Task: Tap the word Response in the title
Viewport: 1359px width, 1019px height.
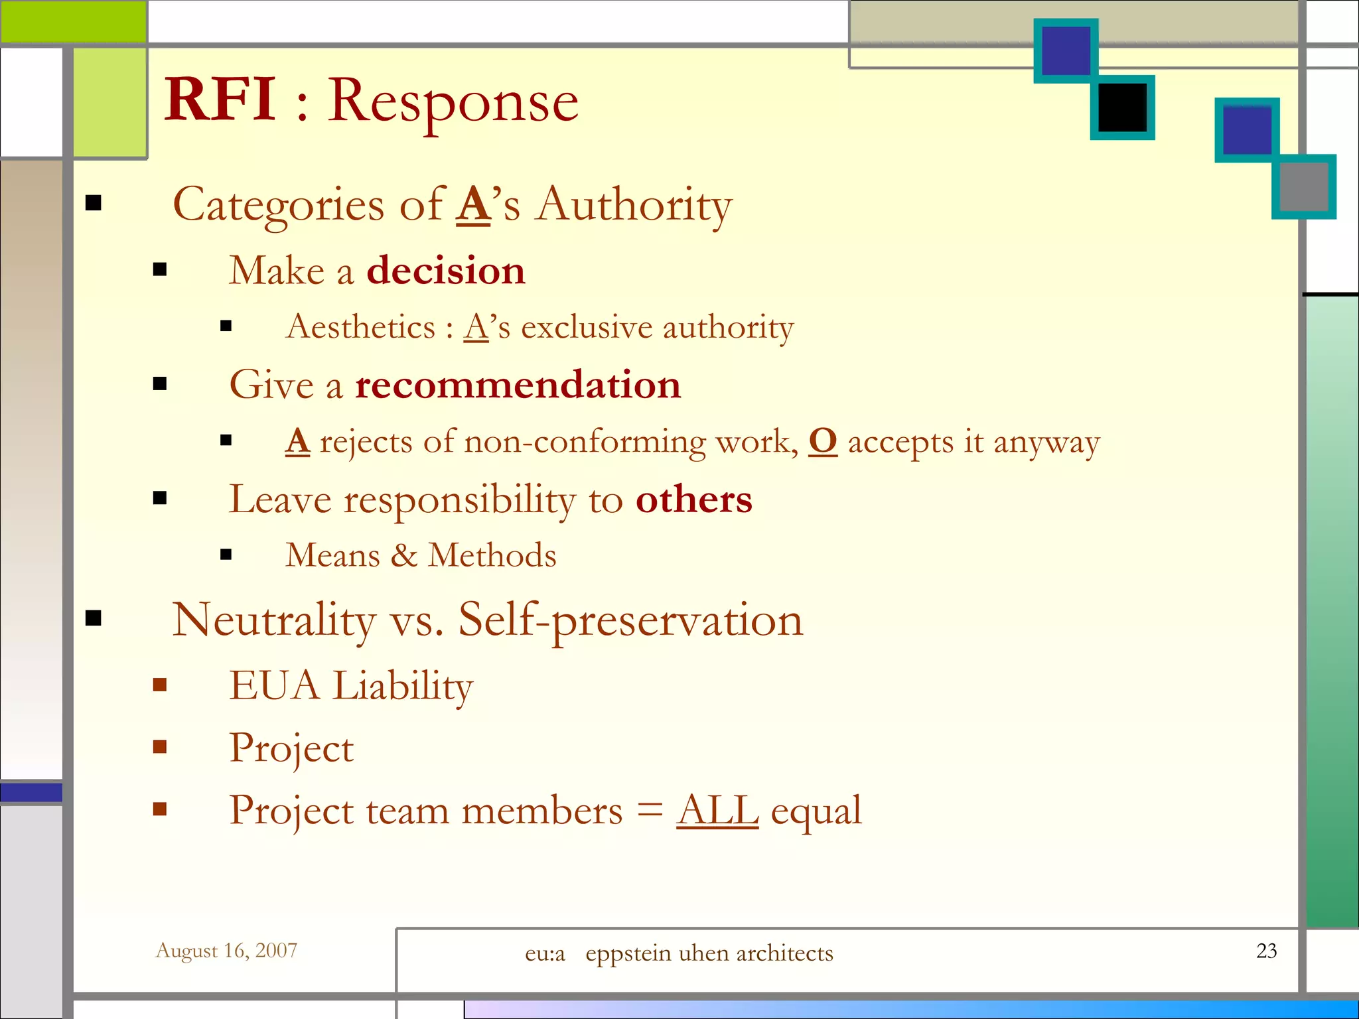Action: (453, 103)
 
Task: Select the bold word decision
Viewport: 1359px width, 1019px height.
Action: (446, 271)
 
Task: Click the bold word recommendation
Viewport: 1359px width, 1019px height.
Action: (518, 385)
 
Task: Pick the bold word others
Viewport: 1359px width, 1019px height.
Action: (693, 500)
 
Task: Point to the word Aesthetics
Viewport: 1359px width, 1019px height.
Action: (360, 327)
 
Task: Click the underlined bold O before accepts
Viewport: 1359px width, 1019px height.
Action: (823, 441)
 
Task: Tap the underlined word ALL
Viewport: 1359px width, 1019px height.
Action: (717, 810)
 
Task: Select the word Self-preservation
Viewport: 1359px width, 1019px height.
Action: (630, 620)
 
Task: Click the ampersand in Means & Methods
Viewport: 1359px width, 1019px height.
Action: (403, 555)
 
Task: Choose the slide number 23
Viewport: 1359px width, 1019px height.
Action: (1266, 951)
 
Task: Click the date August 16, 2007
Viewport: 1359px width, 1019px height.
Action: (226, 951)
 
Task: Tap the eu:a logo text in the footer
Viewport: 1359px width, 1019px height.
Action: (545, 954)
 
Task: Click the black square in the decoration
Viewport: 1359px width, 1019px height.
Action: (1122, 107)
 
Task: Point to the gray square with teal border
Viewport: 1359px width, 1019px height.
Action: (1303, 186)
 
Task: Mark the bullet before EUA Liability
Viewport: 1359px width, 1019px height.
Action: (159, 685)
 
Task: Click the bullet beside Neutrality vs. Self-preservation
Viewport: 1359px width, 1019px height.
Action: (94, 618)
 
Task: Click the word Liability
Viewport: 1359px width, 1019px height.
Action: (403, 685)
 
